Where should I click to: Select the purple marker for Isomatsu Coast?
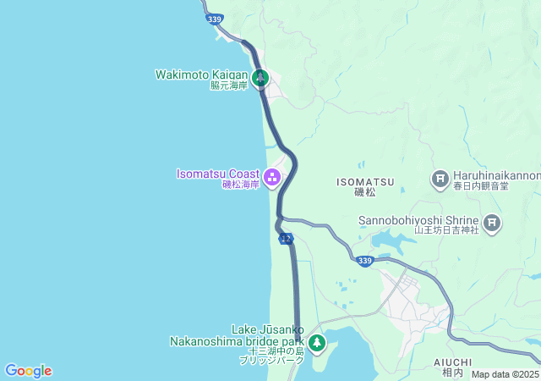coord(272,177)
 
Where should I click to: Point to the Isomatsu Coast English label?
coord(217,174)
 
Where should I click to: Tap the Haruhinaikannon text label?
coord(499,175)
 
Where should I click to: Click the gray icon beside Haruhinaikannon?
coord(440,179)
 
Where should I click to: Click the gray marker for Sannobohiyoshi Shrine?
coord(492,224)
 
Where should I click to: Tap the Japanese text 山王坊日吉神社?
coord(446,229)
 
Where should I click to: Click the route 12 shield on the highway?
coord(286,240)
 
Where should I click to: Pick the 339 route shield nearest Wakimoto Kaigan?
coord(214,19)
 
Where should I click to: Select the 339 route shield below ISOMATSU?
coord(364,261)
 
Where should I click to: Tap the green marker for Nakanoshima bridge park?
coord(317,342)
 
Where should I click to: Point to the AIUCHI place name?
coord(452,362)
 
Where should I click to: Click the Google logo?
coord(28,371)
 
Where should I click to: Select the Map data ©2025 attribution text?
coord(505,374)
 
